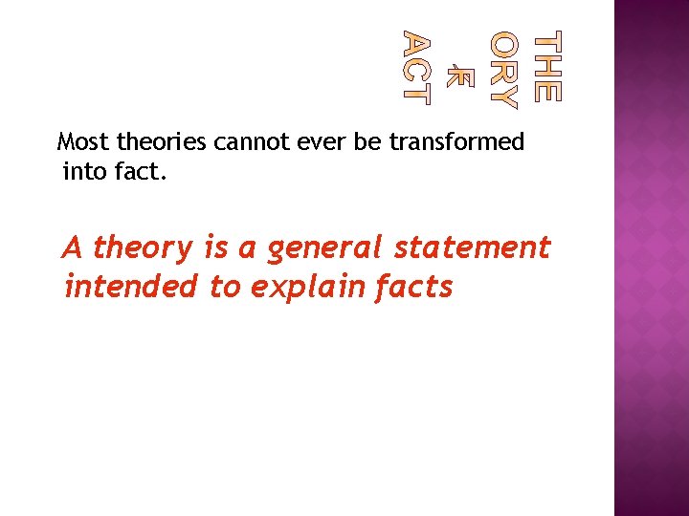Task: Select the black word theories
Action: [x=162, y=143]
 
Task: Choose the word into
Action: [x=81, y=173]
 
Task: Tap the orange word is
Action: [x=215, y=247]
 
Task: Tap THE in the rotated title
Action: [x=546, y=68]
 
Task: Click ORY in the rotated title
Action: [x=503, y=69]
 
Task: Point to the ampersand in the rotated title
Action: [x=457, y=69]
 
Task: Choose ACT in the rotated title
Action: [x=416, y=67]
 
